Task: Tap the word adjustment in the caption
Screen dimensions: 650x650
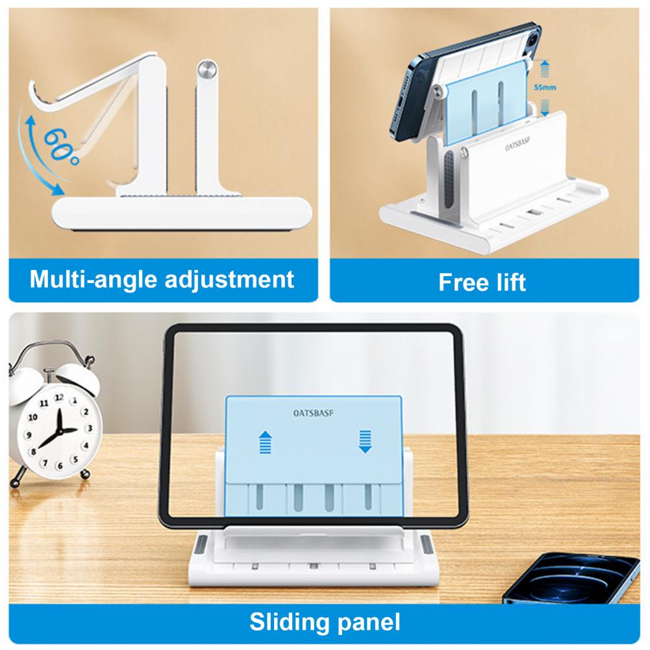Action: pyautogui.click(x=229, y=279)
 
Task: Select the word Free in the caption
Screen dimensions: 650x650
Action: pyautogui.click(x=460, y=282)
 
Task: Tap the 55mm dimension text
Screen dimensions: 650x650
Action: pyautogui.click(x=545, y=88)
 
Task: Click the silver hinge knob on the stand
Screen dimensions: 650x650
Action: pyautogui.click(x=207, y=69)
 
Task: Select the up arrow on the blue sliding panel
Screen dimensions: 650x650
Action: pyautogui.click(x=265, y=442)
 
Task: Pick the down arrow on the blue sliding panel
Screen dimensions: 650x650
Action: pyautogui.click(x=365, y=442)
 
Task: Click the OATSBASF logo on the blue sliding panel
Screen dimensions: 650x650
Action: pyautogui.click(x=314, y=413)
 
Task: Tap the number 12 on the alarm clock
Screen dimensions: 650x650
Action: pyautogui.click(x=59, y=397)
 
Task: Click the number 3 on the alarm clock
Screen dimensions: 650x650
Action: pyautogui.click(x=89, y=428)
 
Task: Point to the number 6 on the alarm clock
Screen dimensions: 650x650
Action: pyautogui.click(x=60, y=466)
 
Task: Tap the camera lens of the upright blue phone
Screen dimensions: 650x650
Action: pyautogui.click(x=532, y=41)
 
